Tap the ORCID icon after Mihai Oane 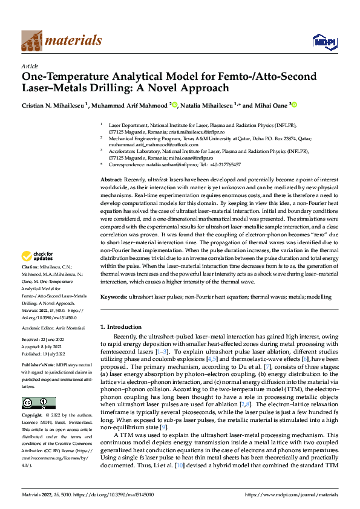pyautogui.click(x=295, y=105)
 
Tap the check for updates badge pyautogui.click(x=38, y=274)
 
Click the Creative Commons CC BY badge pyautogui.click(x=38, y=403)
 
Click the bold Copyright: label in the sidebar pyautogui.click(x=32, y=417)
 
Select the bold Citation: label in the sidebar pyautogui.click(x=31, y=284)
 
